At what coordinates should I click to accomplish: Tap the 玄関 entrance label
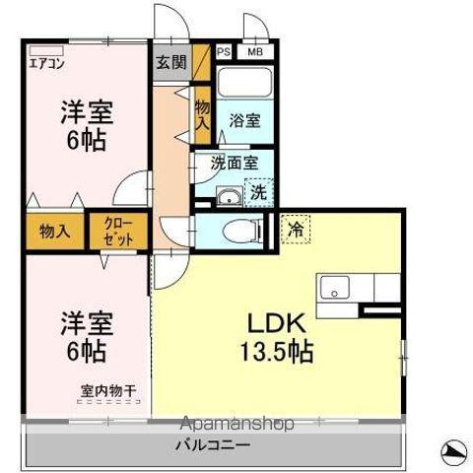pyautogui.click(x=170, y=61)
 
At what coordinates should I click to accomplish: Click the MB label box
pyautogui.click(x=254, y=52)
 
